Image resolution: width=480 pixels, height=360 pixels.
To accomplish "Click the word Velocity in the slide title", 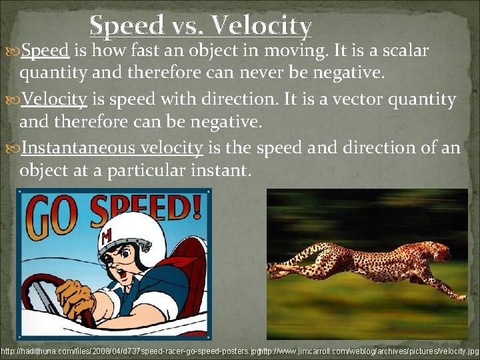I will click(x=261, y=26).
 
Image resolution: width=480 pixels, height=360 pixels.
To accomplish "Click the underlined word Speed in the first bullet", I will click(x=45, y=51).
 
